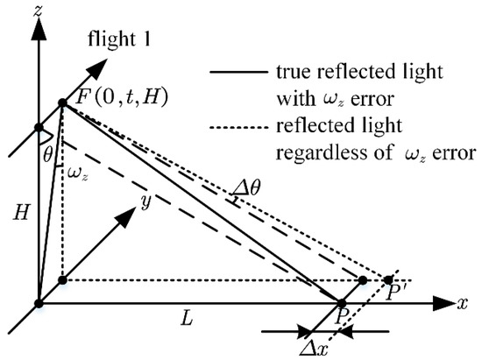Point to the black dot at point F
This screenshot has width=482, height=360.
click(x=62, y=104)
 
